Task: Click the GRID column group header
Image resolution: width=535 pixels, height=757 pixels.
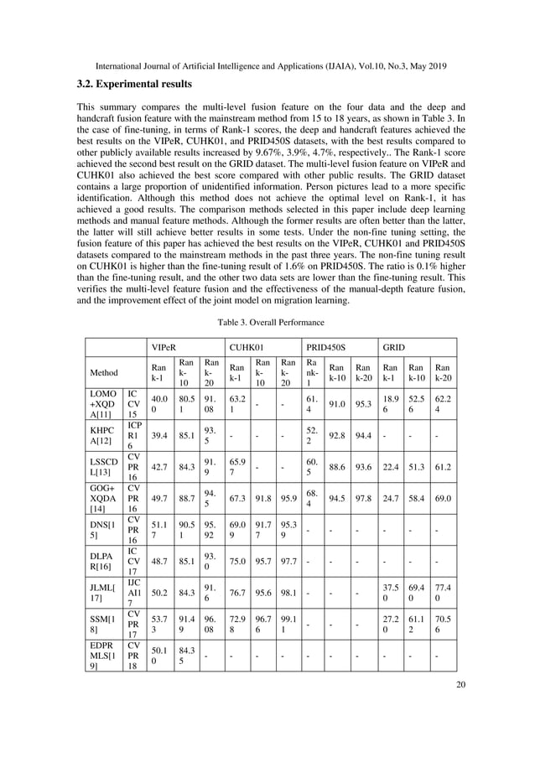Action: pos(394,346)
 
